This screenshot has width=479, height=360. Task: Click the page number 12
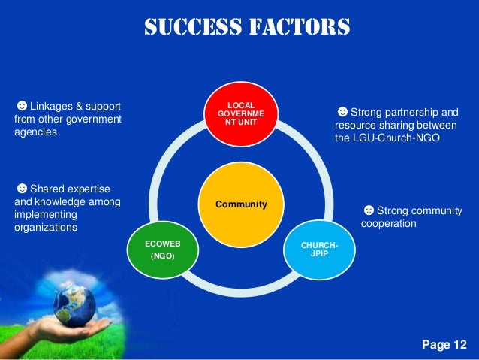pos(459,345)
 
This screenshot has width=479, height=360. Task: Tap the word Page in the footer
pos(435,345)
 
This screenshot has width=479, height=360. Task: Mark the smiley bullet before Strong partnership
pos(342,113)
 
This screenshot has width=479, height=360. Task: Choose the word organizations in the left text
pos(46,227)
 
